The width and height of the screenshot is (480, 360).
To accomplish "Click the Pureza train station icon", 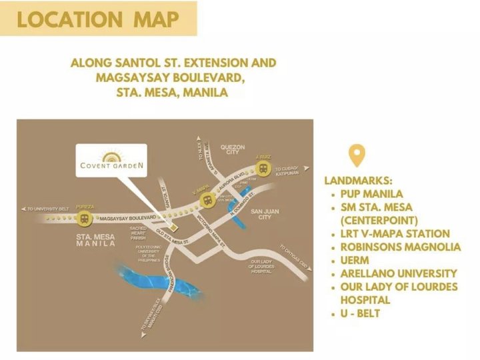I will click(84, 218).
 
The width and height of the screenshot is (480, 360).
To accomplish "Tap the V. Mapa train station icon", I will click(208, 198).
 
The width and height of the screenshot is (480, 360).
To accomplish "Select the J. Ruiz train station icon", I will click(263, 168).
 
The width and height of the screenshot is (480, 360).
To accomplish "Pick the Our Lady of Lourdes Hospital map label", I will click(262, 266).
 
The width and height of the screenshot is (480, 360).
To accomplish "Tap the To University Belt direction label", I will click(47, 209).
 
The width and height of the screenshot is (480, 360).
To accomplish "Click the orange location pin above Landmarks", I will click(357, 157).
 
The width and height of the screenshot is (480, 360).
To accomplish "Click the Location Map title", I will click(98, 19).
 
